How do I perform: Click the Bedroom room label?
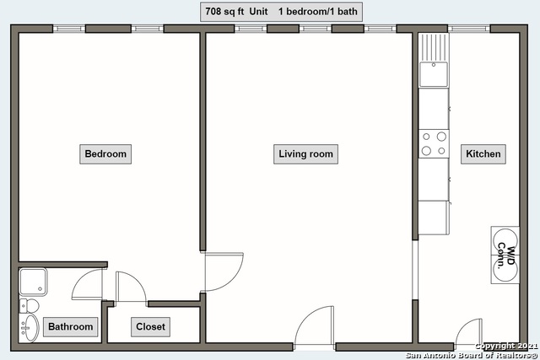click(105, 153)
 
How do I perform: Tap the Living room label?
click(305, 153)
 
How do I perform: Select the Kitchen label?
click(483, 153)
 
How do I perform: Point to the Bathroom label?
click(71, 326)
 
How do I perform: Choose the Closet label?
click(150, 326)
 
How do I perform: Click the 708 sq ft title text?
click(224, 11)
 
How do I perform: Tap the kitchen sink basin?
click(434, 74)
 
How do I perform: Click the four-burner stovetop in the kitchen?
click(434, 144)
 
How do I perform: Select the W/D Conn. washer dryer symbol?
click(505, 255)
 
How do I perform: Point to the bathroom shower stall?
click(33, 282)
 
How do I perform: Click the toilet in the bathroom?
click(29, 306)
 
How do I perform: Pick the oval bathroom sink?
click(29, 328)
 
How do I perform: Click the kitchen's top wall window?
click(469, 29)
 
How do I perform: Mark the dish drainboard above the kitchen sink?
click(434, 47)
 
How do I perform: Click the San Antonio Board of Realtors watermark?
click(472, 355)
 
